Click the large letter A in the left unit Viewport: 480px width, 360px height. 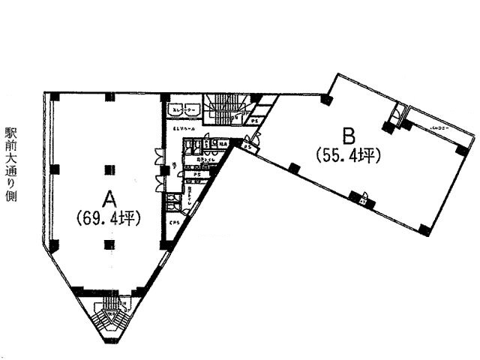(109, 199)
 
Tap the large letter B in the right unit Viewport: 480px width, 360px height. (347, 136)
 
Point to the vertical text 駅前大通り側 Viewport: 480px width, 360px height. (10, 160)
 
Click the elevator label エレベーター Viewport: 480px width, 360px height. (184, 110)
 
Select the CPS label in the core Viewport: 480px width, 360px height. (173, 222)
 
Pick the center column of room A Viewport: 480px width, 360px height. (109, 168)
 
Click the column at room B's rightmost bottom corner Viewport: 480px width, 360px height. (424, 229)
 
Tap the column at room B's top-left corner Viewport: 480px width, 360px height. (325, 98)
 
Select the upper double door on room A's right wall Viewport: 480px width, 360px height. (157, 157)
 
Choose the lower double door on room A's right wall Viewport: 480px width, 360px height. (157, 178)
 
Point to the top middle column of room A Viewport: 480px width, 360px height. (109, 96)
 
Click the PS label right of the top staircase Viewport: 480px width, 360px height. (255, 119)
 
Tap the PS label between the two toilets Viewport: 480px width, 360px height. (196, 175)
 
